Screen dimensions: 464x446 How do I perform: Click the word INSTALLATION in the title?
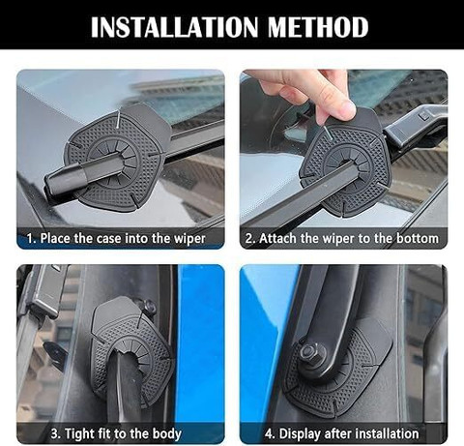tap(174, 27)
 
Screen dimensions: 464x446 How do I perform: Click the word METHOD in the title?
tap(318, 27)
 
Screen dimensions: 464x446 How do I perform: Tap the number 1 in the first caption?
tap(31, 239)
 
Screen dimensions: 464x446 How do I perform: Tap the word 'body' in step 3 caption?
tap(167, 434)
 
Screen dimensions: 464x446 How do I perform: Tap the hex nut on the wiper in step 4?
tap(308, 352)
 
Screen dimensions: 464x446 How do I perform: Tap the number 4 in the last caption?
tap(269, 434)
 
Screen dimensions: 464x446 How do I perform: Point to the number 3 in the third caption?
tap(54, 434)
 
